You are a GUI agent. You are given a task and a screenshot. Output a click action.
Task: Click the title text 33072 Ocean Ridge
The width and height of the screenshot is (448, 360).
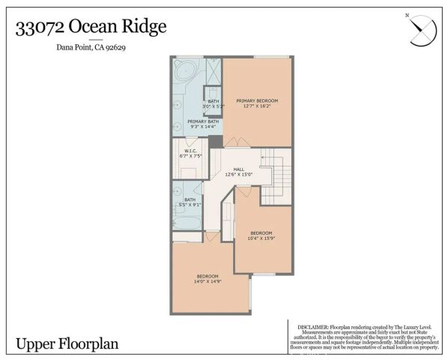coord(91,27)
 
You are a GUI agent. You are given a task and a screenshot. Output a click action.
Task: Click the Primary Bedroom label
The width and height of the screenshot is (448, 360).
coord(257,100)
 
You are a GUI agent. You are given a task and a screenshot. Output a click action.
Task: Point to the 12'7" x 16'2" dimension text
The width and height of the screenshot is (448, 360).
coord(257,106)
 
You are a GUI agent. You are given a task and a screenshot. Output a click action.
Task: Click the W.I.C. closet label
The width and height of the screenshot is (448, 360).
coord(191,154)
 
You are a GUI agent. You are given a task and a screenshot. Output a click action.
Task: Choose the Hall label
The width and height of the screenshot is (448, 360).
coord(239,169)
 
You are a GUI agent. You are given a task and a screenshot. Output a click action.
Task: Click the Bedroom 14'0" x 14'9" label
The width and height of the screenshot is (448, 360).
coord(207,277)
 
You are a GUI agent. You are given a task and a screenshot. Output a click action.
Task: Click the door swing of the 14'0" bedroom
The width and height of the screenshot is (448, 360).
coord(211,236)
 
